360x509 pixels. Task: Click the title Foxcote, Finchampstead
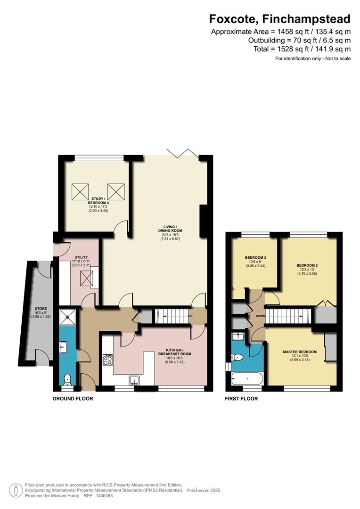[x=280, y=19]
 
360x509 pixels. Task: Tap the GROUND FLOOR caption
[x=73, y=398]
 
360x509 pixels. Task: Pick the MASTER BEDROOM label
[x=300, y=352]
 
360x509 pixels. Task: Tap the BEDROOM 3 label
[x=256, y=257]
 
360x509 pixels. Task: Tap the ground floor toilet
[x=68, y=378]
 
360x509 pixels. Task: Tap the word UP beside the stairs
[x=191, y=316]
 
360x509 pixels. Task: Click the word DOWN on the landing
[x=259, y=316]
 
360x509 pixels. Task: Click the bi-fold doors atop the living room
[x=183, y=152]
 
